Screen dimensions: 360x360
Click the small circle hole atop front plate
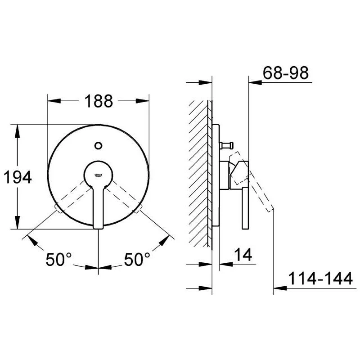tap(99, 145)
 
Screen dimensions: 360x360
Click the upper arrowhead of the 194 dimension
tap(18, 129)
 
